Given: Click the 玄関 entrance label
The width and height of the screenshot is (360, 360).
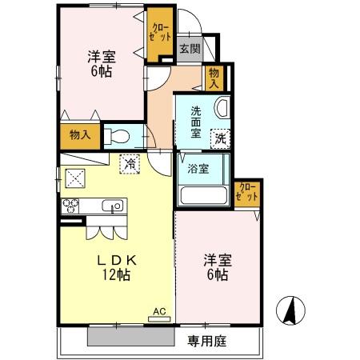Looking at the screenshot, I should pyautogui.click(x=189, y=48).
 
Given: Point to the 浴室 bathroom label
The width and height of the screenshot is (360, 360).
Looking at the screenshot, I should pyautogui.click(x=198, y=169).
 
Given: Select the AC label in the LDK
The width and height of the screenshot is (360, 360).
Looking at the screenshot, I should pyautogui.click(x=159, y=310).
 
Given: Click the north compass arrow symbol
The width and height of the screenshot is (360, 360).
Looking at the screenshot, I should pyautogui.click(x=292, y=309).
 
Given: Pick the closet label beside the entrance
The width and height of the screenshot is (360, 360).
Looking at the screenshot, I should pyautogui.click(x=159, y=33).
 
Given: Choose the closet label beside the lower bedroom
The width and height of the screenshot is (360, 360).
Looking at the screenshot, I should pyautogui.click(x=248, y=192).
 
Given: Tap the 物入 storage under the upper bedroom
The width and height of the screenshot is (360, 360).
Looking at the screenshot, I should pyautogui.click(x=80, y=134).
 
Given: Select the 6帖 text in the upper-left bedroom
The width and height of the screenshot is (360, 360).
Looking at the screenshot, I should pyautogui.click(x=100, y=72).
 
